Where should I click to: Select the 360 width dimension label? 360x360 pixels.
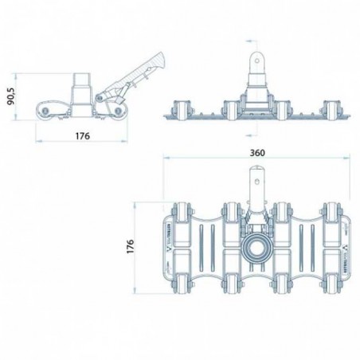[257, 151]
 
